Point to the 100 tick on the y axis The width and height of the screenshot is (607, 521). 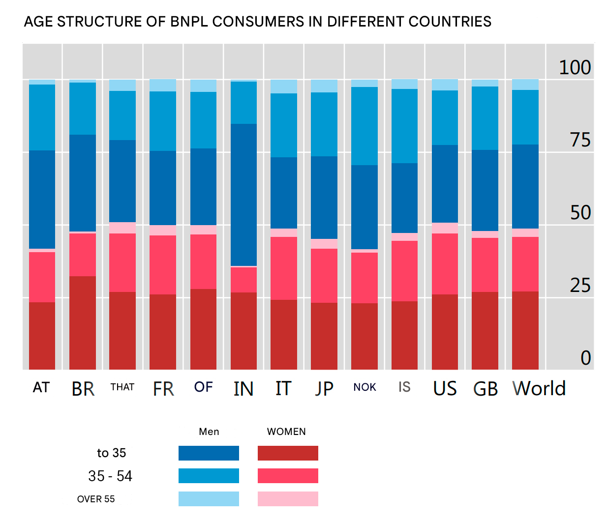[x=575, y=67]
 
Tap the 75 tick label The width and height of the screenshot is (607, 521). [x=580, y=140]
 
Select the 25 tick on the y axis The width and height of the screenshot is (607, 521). [x=580, y=285]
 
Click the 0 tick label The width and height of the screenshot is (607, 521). [x=585, y=358]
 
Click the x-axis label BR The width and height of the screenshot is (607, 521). [x=83, y=389]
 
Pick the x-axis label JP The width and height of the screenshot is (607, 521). [x=324, y=389]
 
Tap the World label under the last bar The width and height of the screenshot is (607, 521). [x=539, y=388]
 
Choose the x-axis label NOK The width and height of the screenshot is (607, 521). [x=364, y=387]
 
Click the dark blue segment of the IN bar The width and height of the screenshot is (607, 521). [x=243, y=195]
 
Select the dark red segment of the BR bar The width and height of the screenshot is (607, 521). [x=83, y=322]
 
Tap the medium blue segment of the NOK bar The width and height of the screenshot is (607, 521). [x=364, y=126]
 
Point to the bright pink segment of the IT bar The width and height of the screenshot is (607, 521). [x=284, y=268]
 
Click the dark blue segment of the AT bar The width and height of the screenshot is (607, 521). [x=42, y=200]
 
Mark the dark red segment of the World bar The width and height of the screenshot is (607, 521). [x=525, y=330]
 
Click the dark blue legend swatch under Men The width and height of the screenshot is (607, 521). [x=209, y=453]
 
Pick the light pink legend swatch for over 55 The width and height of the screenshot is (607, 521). [x=288, y=499]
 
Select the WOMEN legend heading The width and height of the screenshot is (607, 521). [x=286, y=432]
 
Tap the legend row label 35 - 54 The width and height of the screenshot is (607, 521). [x=110, y=476]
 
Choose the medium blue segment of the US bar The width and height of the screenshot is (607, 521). [x=445, y=117]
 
